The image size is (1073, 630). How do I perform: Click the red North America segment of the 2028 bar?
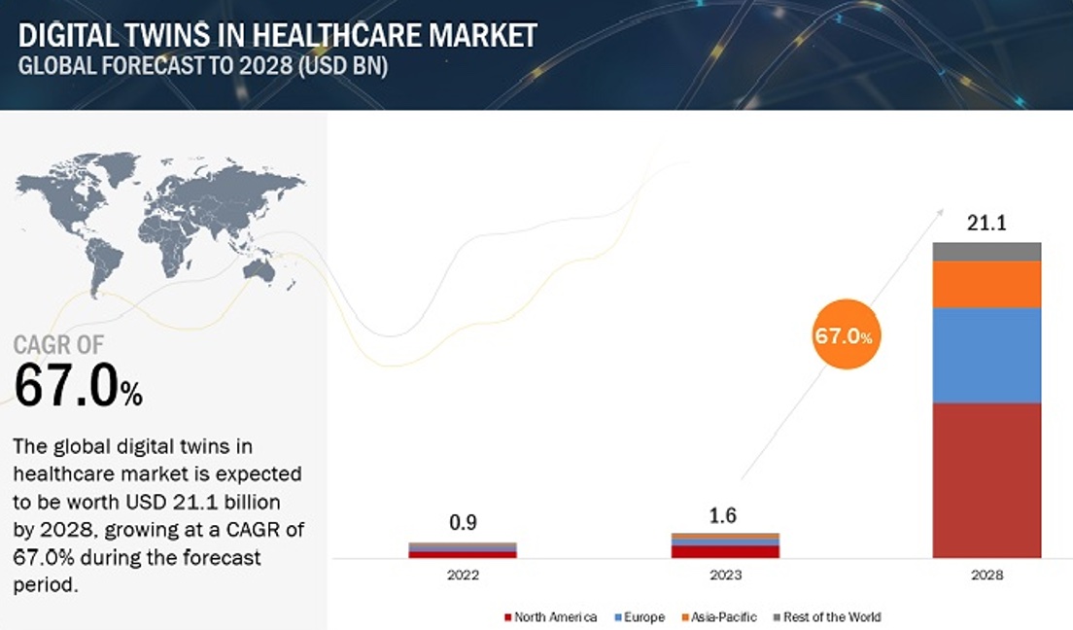point(986,480)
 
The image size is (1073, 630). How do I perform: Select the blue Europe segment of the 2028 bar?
point(986,355)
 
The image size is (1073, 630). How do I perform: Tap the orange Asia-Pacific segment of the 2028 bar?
point(986,284)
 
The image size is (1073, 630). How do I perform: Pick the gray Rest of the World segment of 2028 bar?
point(986,252)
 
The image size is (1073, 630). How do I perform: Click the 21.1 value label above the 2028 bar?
point(986,224)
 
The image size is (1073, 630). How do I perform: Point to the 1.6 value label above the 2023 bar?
point(725,514)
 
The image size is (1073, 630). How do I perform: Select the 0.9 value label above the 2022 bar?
point(463,523)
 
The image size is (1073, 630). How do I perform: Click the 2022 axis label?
point(463,575)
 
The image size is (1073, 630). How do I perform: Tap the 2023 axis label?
point(725,575)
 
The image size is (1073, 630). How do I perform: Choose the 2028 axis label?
point(986,575)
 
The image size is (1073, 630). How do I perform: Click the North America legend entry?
point(550,616)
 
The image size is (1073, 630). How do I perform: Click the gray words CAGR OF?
point(58,344)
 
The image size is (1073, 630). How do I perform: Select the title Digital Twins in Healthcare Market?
point(278,36)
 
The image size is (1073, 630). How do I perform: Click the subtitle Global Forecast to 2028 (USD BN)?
point(203,69)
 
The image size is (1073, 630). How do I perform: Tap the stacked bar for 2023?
point(725,545)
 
